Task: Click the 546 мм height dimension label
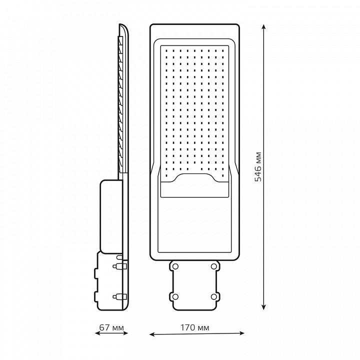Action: pos(258,166)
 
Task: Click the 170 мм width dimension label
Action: pos(194,327)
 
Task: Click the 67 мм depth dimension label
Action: pos(111,327)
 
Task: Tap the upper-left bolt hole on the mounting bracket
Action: pos(175,266)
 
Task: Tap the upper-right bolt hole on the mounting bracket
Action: pos(214,266)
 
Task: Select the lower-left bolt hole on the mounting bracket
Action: pos(175,297)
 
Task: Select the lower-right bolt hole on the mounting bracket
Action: pos(214,297)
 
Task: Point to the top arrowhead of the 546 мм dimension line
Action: pos(264,26)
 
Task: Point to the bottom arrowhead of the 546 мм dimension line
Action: pos(264,307)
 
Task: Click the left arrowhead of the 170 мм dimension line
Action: pos(152,334)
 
